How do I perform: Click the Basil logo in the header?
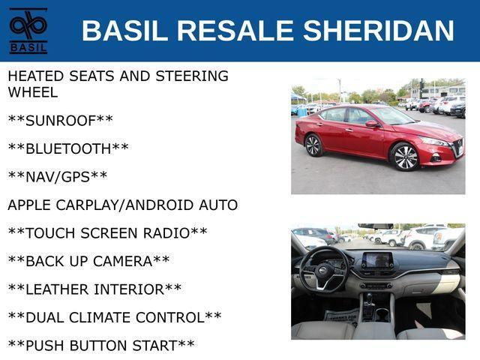click(x=28, y=31)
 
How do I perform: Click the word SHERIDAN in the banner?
click(x=378, y=30)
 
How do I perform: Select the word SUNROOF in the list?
click(x=61, y=121)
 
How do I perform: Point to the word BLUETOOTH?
click(x=68, y=149)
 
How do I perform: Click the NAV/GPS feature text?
click(x=58, y=177)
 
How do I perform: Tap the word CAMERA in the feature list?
click(x=122, y=262)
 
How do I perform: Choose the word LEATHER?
click(x=58, y=289)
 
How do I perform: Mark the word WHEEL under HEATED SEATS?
click(x=33, y=92)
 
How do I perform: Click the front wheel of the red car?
click(x=405, y=157)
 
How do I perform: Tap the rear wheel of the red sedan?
click(x=313, y=145)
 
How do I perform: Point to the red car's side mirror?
click(x=372, y=124)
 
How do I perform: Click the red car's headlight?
click(x=435, y=142)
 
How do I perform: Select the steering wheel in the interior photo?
click(x=324, y=268)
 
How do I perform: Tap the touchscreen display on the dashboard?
click(x=376, y=260)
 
